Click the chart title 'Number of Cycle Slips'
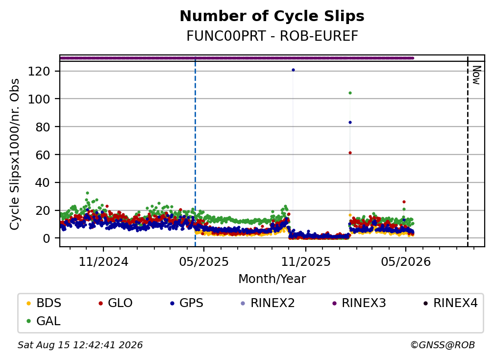click(x=272, y=16)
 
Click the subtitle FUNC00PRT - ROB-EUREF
click(x=272, y=36)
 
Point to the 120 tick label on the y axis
click(x=39, y=71)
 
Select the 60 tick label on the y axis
click(x=43, y=155)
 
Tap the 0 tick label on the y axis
click(x=46, y=238)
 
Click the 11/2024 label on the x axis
click(x=103, y=261)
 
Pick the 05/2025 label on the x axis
click(x=204, y=261)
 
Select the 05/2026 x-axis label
click(x=405, y=261)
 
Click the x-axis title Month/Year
click(x=272, y=279)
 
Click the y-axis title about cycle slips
click(x=15, y=154)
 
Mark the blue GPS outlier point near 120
click(x=293, y=70)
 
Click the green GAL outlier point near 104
click(x=350, y=93)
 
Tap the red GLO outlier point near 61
click(x=350, y=153)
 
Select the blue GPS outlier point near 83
click(x=350, y=122)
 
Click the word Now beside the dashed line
click(x=477, y=75)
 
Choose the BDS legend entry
click(x=44, y=303)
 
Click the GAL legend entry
click(x=44, y=321)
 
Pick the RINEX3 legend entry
click(x=359, y=303)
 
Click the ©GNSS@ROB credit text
click(x=443, y=345)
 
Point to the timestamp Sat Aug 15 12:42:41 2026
click(x=80, y=345)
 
